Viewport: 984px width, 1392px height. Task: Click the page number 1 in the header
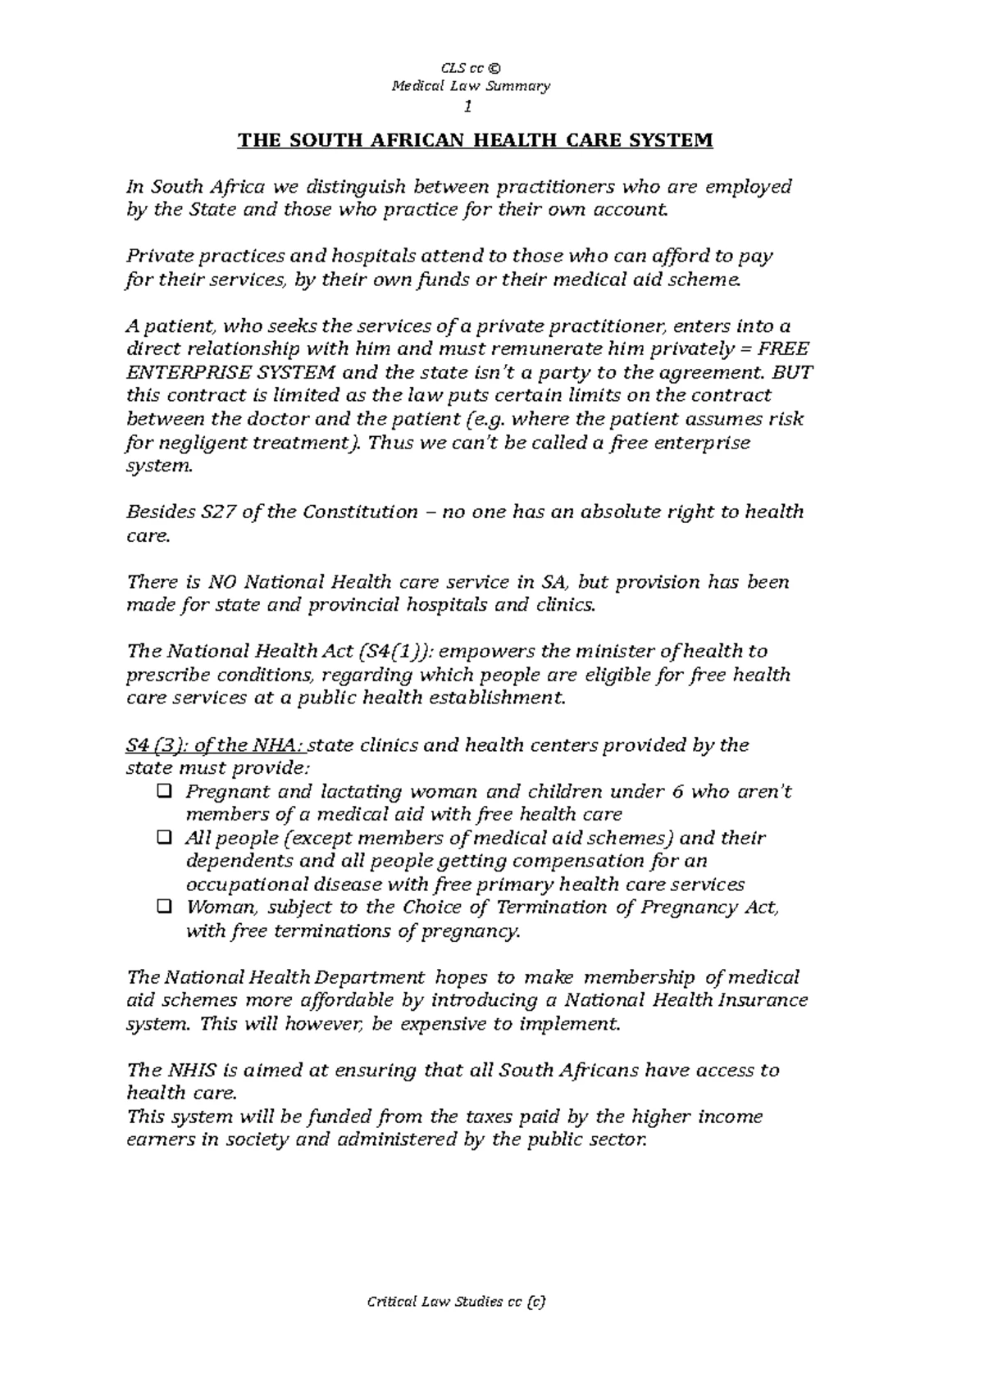click(468, 107)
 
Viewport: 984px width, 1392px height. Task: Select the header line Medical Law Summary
click(471, 86)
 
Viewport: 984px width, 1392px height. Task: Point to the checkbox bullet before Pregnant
click(162, 792)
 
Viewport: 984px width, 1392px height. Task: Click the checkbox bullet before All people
click(162, 838)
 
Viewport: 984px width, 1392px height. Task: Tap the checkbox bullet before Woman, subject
click(162, 908)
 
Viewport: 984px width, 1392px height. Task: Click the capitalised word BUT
click(792, 372)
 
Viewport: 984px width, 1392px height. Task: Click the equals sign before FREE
click(745, 349)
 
